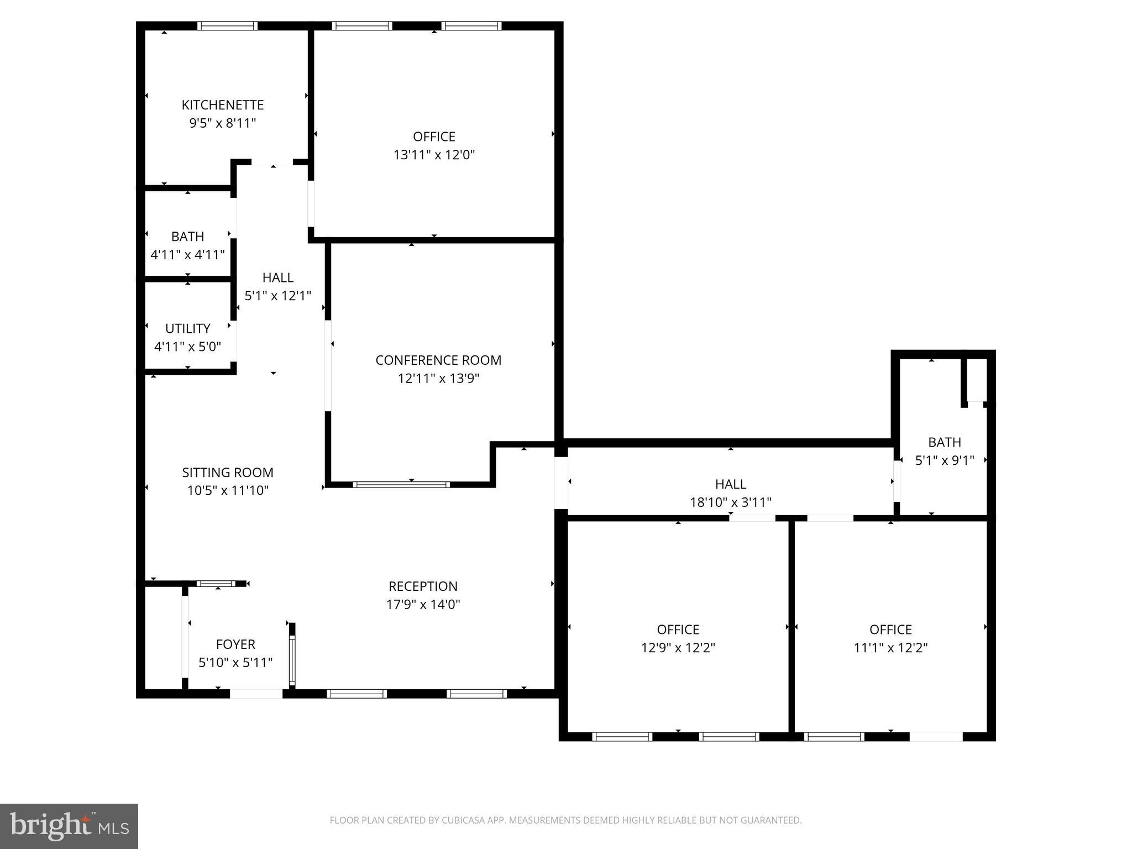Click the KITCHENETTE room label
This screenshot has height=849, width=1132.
pos(223,105)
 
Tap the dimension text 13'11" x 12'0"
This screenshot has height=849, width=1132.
pos(434,155)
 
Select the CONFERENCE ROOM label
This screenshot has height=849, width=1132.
pos(438,360)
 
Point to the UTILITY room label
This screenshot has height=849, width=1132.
pos(187,329)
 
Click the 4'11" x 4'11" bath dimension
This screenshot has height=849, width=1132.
pos(187,255)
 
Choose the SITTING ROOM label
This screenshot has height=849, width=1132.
pos(228,473)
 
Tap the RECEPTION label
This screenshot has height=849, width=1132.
pos(423,586)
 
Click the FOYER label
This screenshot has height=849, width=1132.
pos(235,644)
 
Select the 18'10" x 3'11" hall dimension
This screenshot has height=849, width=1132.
pos(730,502)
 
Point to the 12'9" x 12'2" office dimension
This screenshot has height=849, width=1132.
pos(678,648)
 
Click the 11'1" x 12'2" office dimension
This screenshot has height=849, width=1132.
pos(890,648)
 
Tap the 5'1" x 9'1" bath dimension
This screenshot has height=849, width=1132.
pos(944,460)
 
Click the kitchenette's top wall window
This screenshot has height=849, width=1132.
pos(227,26)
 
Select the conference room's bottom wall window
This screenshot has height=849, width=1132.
pos(401,485)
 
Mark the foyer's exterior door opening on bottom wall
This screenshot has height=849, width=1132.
pos(256,694)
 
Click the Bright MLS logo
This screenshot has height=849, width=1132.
pos(69,826)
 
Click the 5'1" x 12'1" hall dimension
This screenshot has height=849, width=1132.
pos(277,296)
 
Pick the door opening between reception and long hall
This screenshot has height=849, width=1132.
pos(561,483)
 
